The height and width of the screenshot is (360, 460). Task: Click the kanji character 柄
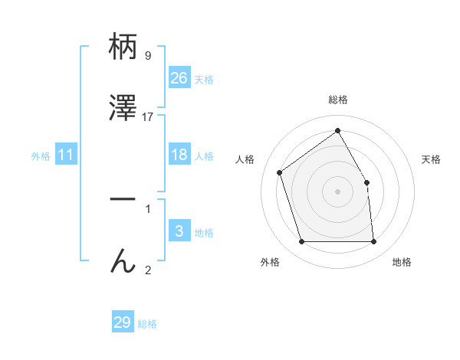coord(123,47)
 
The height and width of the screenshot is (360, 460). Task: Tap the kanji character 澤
coord(123,110)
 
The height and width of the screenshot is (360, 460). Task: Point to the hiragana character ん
coord(123,261)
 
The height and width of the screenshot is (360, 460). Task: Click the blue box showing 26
coord(179,78)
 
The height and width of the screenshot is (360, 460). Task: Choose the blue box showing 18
coord(179,155)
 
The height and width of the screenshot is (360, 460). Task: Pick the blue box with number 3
coord(179,231)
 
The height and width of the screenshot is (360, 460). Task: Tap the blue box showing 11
coord(66,155)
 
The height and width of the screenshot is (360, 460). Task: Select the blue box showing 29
coord(123,322)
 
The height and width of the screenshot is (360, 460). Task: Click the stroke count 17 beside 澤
coord(148,117)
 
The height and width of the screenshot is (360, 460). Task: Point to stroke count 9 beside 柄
coord(148,55)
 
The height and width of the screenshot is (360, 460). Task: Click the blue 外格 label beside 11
coord(41,156)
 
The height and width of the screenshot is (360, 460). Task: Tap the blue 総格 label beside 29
coord(147,324)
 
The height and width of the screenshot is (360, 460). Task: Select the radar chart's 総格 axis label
coord(337,100)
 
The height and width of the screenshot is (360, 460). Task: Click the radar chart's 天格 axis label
coord(431,159)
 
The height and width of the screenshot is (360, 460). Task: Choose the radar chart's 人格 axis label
coord(245,159)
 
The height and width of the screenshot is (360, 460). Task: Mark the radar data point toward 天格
coord(366,182)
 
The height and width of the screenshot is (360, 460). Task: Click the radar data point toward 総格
coord(337,131)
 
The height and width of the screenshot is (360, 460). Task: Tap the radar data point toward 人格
coord(280,172)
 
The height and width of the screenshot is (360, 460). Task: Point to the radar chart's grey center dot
coord(337,191)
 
